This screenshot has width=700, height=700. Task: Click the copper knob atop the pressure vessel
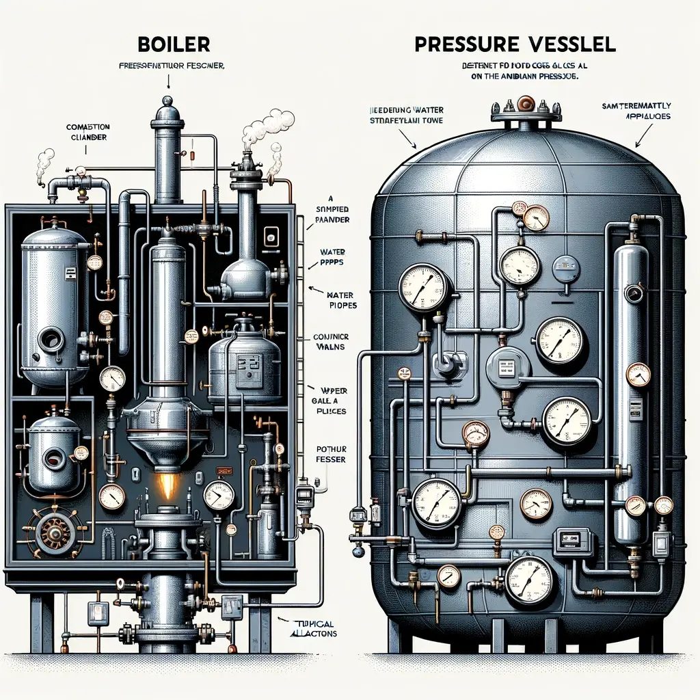click(x=526, y=105)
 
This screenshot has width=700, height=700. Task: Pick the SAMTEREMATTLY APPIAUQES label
click(x=636, y=111)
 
